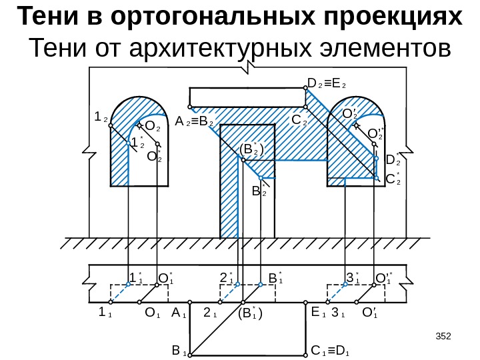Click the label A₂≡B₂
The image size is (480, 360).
[194, 123]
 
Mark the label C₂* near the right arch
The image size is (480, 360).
[393, 179]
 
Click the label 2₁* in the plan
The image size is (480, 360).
[227, 277]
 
